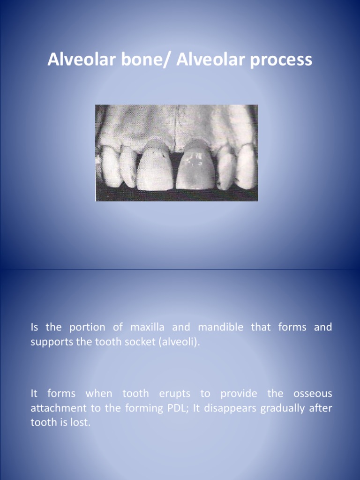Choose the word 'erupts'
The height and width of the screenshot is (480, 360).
pyautogui.click(x=174, y=394)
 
